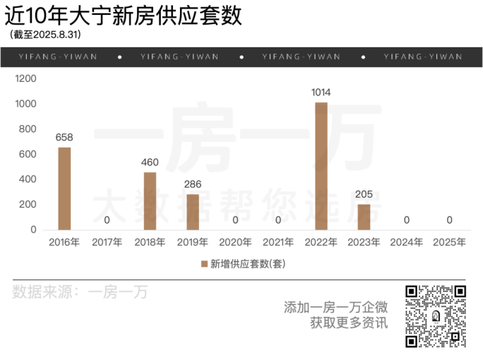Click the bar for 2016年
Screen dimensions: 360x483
[x=64, y=188]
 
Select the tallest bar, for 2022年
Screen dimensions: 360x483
[x=321, y=166]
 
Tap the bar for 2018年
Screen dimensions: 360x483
[x=150, y=201]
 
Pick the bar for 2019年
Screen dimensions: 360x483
[x=193, y=212]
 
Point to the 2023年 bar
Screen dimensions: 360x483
[x=364, y=217]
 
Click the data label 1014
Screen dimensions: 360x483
[x=321, y=92]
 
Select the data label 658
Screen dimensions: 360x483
[x=64, y=137]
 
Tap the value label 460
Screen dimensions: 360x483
[x=150, y=162]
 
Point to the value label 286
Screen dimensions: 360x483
[x=193, y=184]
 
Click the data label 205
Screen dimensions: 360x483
[x=364, y=194]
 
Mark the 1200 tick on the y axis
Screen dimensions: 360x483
[x=25, y=79]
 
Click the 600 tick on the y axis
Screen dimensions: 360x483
[x=28, y=155]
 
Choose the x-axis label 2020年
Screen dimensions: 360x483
[x=236, y=242]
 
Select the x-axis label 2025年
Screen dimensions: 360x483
[x=449, y=242]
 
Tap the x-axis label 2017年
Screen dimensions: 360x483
[x=107, y=242]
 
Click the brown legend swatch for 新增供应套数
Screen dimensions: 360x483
[x=205, y=264]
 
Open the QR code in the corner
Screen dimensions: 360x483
[x=435, y=316]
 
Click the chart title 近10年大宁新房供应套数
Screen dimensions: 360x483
[x=123, y=16]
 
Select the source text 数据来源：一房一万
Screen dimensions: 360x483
[x=80, y=292]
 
